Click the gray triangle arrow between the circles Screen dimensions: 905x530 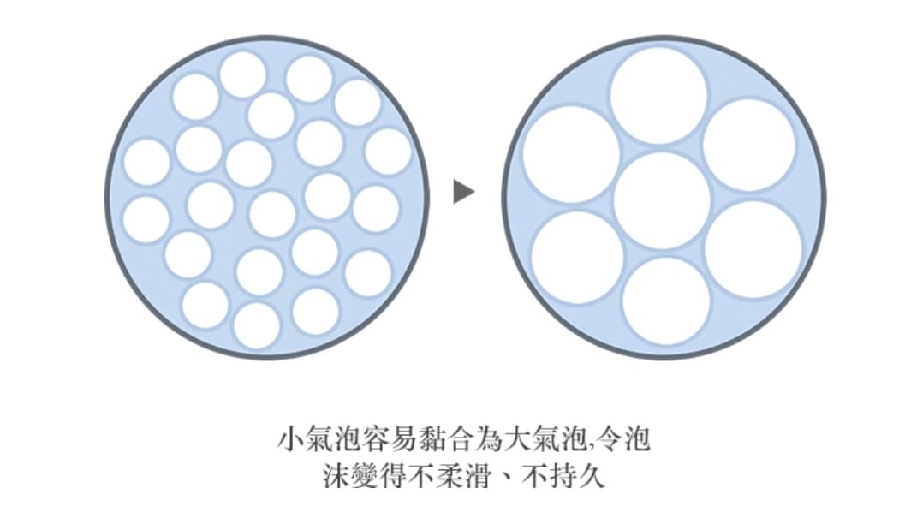tap(463, 192)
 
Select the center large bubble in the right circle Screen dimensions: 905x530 tap(662, 199)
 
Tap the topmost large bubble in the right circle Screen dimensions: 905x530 tap(658, 96)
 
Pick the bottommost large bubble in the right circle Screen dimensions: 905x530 tap(667, 301)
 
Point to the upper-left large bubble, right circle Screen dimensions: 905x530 tap(570, 155)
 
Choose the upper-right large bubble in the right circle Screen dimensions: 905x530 tap(748, 145)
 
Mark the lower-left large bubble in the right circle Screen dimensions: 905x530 tap(577, 258)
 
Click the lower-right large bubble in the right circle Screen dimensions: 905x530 tap(753, 250)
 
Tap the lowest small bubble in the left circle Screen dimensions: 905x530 tap(257, 325)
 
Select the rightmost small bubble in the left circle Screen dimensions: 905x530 tap(388, 152)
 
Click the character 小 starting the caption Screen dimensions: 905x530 tap(291, 439)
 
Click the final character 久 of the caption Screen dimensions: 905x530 tap(592, 476)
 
